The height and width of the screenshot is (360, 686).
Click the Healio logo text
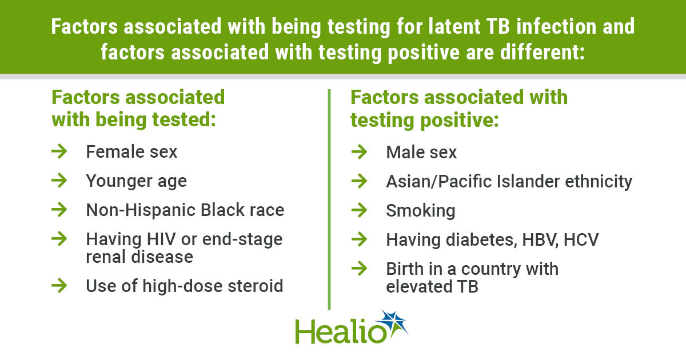click(341, 331)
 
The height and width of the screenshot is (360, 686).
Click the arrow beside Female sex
click(59, 151)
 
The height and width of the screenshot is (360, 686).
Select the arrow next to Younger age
click(59, 181)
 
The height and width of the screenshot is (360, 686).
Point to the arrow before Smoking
click(359, 210)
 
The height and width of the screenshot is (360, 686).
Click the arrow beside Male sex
click(359, 152)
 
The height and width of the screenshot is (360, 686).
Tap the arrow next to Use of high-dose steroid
click(59, 286)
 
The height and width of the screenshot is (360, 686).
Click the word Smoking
click(421, 211)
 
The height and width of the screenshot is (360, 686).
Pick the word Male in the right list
click(405, 152)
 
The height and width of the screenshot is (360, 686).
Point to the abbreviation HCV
click(581, 239)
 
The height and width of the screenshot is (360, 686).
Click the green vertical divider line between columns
click(329, 199)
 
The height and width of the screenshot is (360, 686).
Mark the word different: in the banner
click(543, 52)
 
